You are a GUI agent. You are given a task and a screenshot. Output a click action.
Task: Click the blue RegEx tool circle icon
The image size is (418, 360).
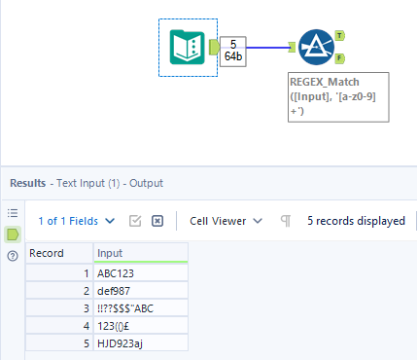coord(316,46)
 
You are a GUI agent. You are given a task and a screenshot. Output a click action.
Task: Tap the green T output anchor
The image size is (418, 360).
coord(339,35)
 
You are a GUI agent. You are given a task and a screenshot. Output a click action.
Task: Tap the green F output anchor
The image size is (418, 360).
coord(339,57)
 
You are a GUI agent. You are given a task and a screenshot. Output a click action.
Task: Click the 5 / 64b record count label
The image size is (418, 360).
coord(233,51)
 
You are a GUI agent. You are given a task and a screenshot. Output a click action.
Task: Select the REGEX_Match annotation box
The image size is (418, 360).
coord(338,96)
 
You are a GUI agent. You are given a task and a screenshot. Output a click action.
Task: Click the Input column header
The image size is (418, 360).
coord(140,253)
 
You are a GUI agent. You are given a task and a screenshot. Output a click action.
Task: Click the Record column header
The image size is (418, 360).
coord(58,253)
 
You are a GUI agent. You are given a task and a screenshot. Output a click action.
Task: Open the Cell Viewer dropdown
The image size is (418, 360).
coord(226,221)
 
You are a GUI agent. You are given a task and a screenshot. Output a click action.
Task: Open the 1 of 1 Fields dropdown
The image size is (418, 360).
coord(76,221)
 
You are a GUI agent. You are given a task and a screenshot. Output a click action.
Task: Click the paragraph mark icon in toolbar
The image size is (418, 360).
coord(286,221)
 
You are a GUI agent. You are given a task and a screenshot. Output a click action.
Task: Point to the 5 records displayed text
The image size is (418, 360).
coord(356,221)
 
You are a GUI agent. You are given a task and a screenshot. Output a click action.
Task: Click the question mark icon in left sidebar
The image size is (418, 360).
coord(13,256)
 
